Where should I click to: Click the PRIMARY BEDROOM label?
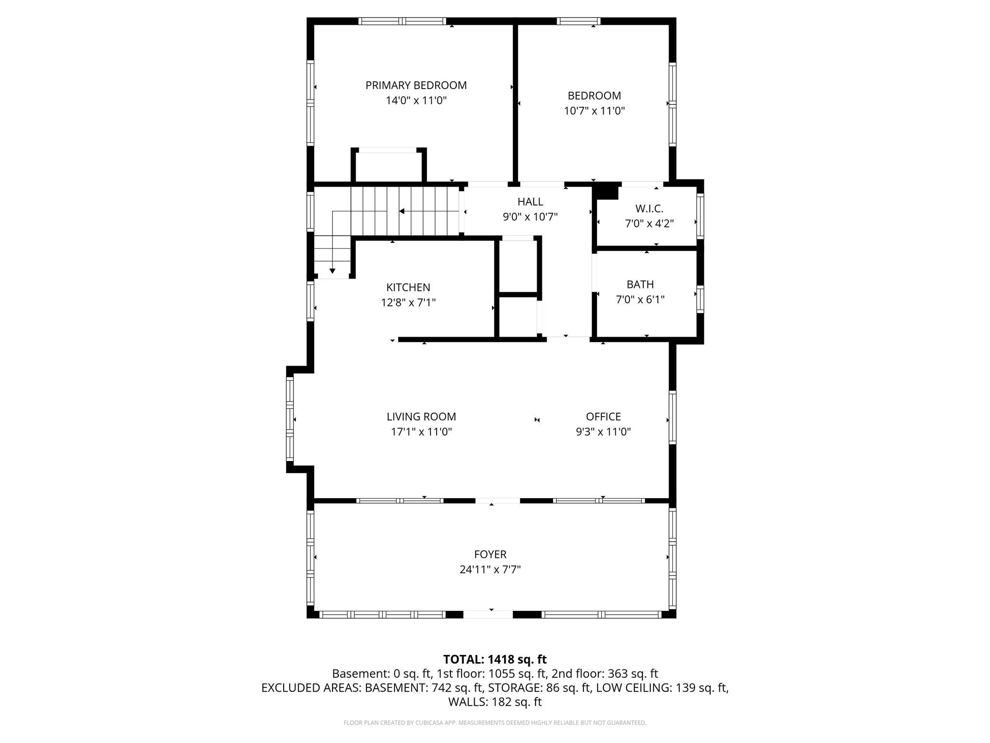click(416, 86)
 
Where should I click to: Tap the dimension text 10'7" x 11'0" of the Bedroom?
click(594, 111)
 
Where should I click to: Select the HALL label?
click(530, 202)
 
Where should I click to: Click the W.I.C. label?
click(649, 208)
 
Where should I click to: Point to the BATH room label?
click(640, 284)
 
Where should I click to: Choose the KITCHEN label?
click(408, 287)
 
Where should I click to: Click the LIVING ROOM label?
click(421, 416)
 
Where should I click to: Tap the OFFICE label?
click(603, 416)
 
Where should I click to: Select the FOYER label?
click(490, 554)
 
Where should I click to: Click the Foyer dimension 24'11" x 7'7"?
click(490, 569)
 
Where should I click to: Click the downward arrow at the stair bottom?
click(332, 270)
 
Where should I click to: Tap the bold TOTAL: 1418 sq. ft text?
click(495, 659)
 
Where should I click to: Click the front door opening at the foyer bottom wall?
click(488, 614)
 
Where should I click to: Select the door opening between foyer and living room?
click(497, 501)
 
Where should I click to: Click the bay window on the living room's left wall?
click(290, 419)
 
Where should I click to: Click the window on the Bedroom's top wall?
click(578, 21)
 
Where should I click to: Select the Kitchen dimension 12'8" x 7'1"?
click(408, 303)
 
